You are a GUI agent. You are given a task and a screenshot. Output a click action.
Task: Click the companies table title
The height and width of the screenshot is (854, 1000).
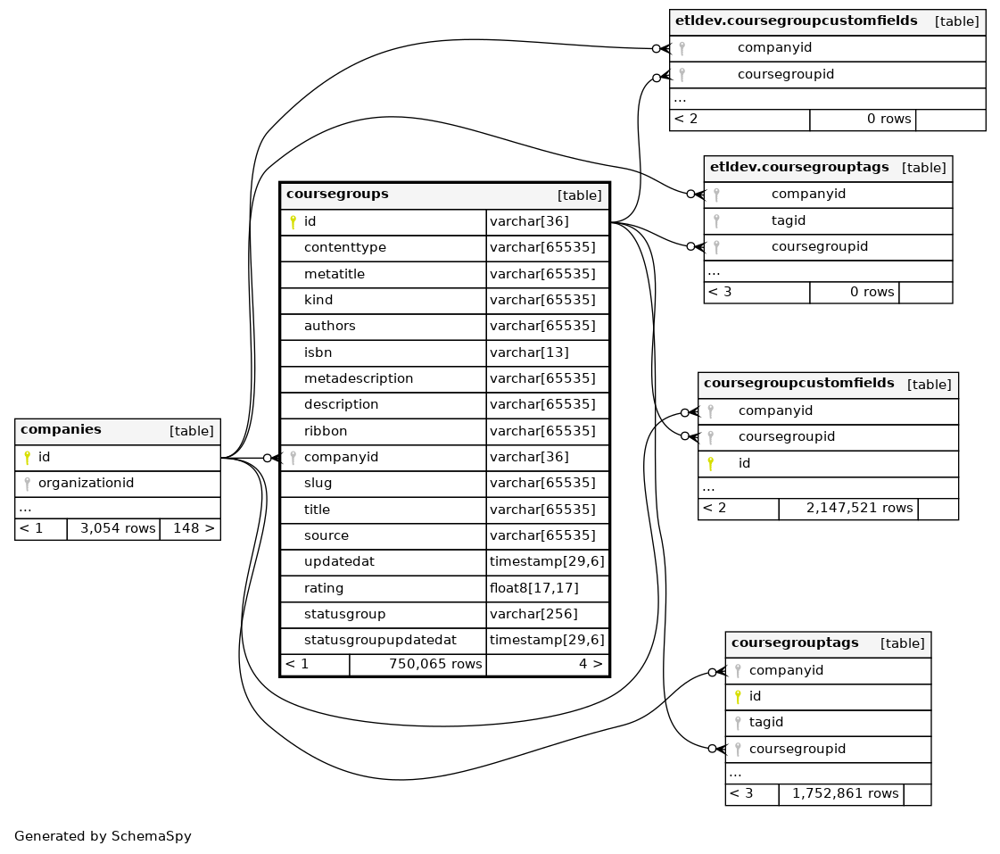[x=61, y=429]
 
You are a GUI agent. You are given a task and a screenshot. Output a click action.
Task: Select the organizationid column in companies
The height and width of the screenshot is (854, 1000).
[x=87, y=483]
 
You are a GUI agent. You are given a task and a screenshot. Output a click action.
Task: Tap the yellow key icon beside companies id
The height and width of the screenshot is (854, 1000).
[x=27, y=457]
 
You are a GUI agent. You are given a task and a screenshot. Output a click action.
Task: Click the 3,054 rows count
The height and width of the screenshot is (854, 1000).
[x=118, y=528]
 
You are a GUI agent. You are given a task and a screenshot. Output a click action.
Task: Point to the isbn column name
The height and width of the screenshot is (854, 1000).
[x=318, y=352]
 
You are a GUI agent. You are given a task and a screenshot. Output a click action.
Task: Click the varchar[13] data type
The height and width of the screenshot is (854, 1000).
[x=529, y=352]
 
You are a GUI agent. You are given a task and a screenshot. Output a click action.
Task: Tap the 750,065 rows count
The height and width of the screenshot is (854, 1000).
[x=435, y=664]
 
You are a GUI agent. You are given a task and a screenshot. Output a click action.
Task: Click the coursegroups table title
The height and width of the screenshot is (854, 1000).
[x=337, y=194]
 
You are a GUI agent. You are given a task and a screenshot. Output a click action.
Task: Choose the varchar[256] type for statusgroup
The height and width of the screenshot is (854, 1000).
[x=533, y=614]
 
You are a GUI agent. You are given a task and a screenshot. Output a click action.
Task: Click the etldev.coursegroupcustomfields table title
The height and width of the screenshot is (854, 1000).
[x=797, y=21]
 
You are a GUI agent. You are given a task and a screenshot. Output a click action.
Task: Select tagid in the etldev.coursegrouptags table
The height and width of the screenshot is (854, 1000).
[x=789, y=220]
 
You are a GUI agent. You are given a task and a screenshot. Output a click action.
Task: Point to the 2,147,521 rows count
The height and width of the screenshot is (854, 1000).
[x=860, y=509]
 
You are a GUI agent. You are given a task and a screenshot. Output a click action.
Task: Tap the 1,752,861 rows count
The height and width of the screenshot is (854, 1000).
[x=846, y=793]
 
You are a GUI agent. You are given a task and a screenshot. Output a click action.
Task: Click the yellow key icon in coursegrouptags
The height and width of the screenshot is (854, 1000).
[x=738, y=696]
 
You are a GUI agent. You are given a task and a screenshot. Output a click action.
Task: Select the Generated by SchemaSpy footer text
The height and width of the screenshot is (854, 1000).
[x=103, y=836]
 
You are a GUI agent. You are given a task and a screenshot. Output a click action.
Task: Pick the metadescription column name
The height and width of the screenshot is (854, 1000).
[x=359, y=379]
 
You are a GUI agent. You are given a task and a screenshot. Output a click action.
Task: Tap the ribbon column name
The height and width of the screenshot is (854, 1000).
[x=326, y=431]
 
